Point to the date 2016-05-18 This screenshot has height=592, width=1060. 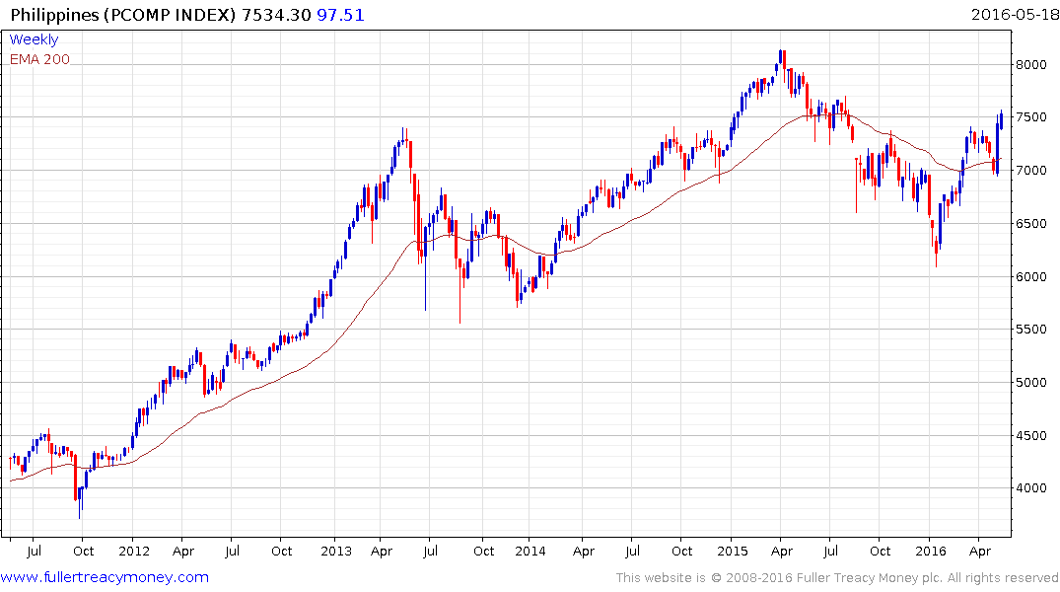point(1013,14)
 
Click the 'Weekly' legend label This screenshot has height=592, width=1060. point(34,39)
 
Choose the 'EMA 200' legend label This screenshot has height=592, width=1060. point(39,59)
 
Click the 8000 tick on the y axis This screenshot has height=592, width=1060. point(1031,65)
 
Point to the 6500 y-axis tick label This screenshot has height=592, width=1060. point(1031,224)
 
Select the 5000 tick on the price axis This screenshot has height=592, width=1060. point(1031,383)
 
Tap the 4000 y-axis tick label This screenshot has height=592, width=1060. point(1031,488)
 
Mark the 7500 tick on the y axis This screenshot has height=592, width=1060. point(1031,117)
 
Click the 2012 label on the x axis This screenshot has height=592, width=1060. point(133,552)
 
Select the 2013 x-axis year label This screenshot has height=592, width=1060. point(336,552)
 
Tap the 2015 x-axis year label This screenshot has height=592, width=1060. point(733,552)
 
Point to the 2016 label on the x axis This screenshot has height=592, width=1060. point(932,552)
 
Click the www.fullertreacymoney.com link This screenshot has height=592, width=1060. point(105,577)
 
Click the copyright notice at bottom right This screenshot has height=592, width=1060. point(837,578)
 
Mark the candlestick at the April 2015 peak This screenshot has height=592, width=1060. point(781,59)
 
